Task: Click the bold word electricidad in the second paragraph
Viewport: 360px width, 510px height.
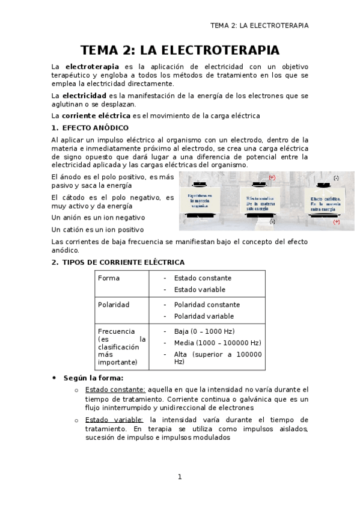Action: pos(84,95)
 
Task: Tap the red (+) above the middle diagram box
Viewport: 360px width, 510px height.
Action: pos(272,177)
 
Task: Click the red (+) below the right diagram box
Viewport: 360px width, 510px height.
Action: pos(336,223)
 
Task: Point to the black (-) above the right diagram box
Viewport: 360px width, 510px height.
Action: pos(336,178)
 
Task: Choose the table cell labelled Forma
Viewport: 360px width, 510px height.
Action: pos(109,278)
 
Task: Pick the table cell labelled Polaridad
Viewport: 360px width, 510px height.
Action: pos(114,304)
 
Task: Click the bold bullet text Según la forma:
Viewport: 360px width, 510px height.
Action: pos(94,378)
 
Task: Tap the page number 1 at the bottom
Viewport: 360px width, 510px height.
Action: pos(179,477)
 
